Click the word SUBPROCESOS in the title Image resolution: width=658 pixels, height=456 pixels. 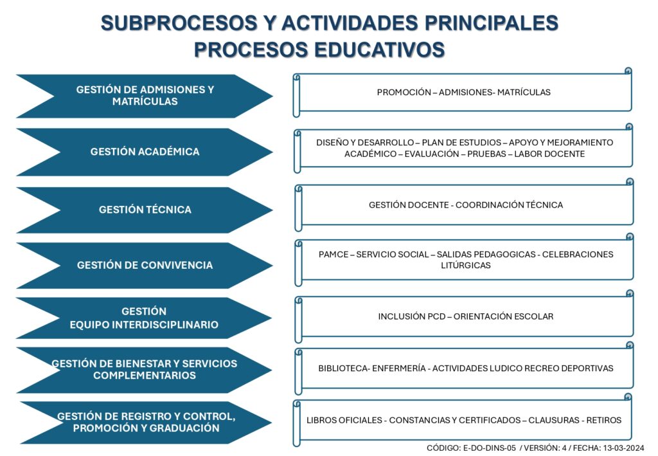tap(179, 23)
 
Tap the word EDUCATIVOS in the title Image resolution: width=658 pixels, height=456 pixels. tap(379, 50)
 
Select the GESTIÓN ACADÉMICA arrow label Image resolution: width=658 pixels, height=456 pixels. tap(145, 152)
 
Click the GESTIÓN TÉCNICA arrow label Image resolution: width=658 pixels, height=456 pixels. tap(145, 210)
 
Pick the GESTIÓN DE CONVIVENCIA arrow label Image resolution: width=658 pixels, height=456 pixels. tap(145, 265)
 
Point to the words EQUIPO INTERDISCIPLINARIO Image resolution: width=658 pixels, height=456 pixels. tap(144, 325)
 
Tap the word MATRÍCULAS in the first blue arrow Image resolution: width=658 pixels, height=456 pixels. tap(145, 101)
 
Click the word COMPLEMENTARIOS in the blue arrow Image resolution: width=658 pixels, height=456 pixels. tap(145, 376)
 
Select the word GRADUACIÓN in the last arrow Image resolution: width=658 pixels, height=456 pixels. tap(181, 428)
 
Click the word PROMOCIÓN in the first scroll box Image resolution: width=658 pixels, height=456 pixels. tap(404, 93)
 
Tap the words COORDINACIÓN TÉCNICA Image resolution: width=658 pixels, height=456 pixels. tap(509, 205)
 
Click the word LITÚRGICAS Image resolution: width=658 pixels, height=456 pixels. tap(466, 266)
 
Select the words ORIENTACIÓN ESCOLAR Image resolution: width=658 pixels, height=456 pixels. tap(503, 316)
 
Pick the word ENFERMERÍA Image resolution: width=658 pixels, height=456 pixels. tap(398, 369)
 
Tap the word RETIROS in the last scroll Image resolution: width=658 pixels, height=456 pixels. tap(604, 421)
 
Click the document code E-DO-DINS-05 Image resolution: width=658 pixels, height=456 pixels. tap(489, 448)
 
